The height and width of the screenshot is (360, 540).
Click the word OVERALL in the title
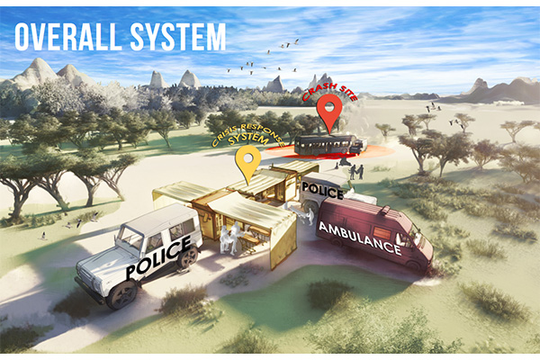click(x=68, y=36)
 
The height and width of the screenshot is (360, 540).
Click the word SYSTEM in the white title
click(x=179, y=36)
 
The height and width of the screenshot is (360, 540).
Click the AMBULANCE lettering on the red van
click(x=360, y=238)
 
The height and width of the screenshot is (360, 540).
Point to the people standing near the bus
click(x=356, y=170)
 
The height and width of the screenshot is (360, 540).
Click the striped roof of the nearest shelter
click(x=253, y=211)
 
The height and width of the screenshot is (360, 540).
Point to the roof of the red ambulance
click(x=369, y=209)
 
